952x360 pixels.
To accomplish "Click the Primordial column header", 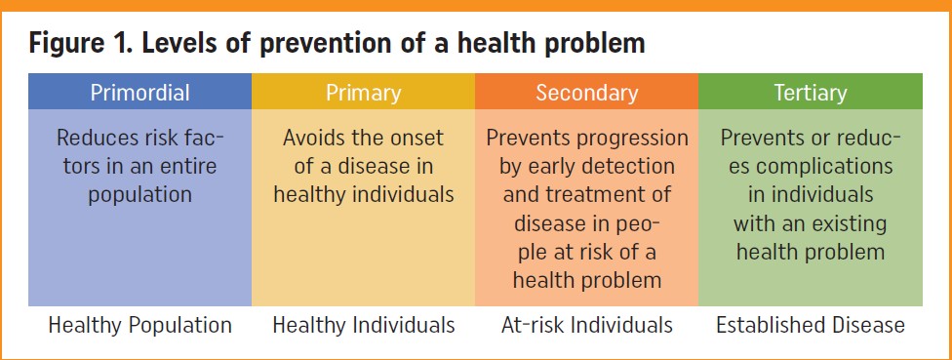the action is pyautogui.click(x=139, y=93).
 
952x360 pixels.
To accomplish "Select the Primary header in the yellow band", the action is pyautogui.click(x=363, y=94).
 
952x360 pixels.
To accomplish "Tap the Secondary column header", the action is pyautogui.click(x=586, y=93).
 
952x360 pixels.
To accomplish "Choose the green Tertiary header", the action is pyautogui.click(x=810, y=94).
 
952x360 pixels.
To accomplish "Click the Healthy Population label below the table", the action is pyautogui.click(x=139, y=326).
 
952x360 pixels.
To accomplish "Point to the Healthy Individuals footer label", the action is pyautogui.click(x=363, y=325).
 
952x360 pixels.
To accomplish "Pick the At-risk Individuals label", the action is pyautogui.click(x=586, y=325).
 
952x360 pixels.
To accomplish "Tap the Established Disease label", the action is pyautogui.click(x=810, y=325).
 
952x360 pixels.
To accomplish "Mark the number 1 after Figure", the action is pyautogui.click(x=122, y=44).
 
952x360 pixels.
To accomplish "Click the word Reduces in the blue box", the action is pyautogui.click(x=94, y=138).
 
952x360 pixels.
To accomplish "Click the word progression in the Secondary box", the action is pyautogui.click(x=633, y=140).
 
